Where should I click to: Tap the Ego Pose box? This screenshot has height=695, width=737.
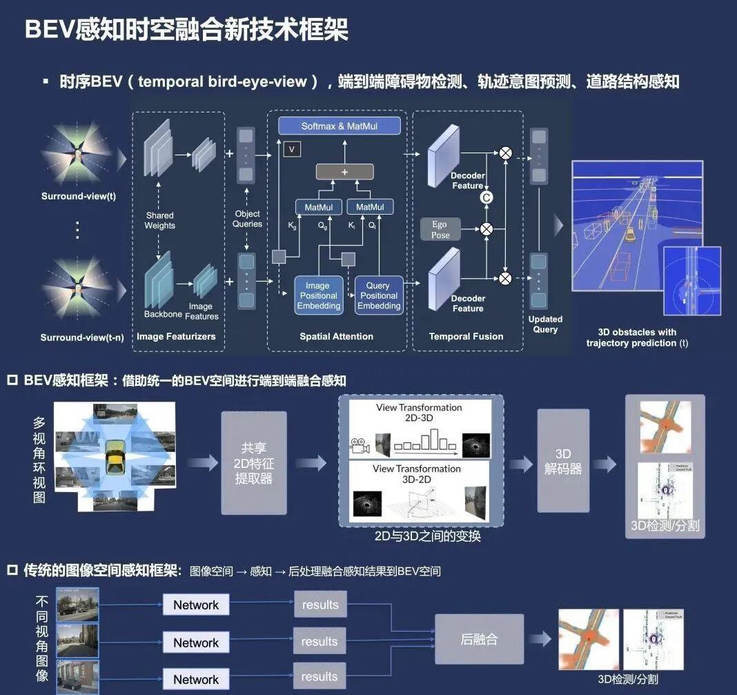point(440,229)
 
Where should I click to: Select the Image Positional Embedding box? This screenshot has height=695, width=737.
point(318,295)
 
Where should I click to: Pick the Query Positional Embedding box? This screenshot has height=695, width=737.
point(379,295)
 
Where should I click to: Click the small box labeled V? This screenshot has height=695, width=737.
point(292,148)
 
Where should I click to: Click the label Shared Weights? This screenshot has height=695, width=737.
point(160,220)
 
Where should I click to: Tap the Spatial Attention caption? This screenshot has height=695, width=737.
point(336,337)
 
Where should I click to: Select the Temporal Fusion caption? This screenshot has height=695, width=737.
point(466,337)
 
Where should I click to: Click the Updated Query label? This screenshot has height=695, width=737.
point(545,324)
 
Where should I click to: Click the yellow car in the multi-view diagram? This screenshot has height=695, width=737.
point(114,460)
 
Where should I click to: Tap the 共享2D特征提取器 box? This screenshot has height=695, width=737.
point(254,463)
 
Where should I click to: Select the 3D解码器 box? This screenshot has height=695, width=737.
point(563,461)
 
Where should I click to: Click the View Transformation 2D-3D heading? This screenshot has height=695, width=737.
point(419,413)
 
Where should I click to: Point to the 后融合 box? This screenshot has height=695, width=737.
point(479,638)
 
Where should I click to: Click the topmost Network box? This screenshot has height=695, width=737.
point(196,605)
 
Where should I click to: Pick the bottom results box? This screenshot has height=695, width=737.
point(320,677)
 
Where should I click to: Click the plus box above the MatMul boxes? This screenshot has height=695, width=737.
point(345,172)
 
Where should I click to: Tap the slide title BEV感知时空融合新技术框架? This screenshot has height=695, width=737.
point(186,30)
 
